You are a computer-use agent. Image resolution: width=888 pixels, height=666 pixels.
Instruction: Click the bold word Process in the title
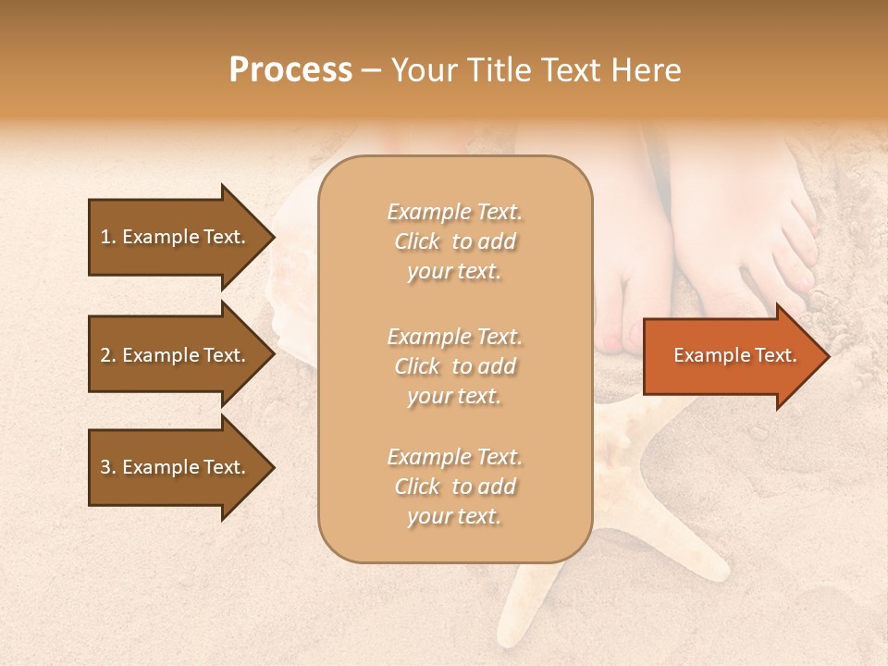290,70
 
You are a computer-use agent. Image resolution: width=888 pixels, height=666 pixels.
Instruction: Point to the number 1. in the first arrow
108,237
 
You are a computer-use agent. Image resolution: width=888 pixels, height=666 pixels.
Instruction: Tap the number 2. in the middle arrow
108,355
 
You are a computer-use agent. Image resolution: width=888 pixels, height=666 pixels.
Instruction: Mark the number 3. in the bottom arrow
108,467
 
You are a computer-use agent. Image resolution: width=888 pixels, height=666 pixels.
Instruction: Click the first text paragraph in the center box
454,241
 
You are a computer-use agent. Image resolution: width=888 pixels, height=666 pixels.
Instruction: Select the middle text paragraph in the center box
454,366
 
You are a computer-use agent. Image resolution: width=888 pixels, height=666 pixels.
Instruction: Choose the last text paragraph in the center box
454,487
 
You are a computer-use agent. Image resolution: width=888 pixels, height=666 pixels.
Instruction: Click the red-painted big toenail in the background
613,344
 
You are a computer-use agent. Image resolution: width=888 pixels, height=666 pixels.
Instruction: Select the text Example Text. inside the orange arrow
734,355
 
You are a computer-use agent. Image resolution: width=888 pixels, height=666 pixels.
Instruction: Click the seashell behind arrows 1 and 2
291,296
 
